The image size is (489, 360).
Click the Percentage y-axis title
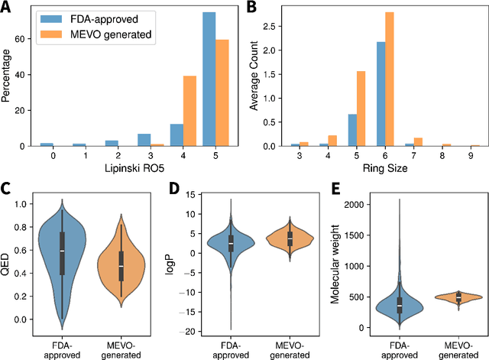(7, 78)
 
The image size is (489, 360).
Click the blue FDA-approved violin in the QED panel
(62, 252)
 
